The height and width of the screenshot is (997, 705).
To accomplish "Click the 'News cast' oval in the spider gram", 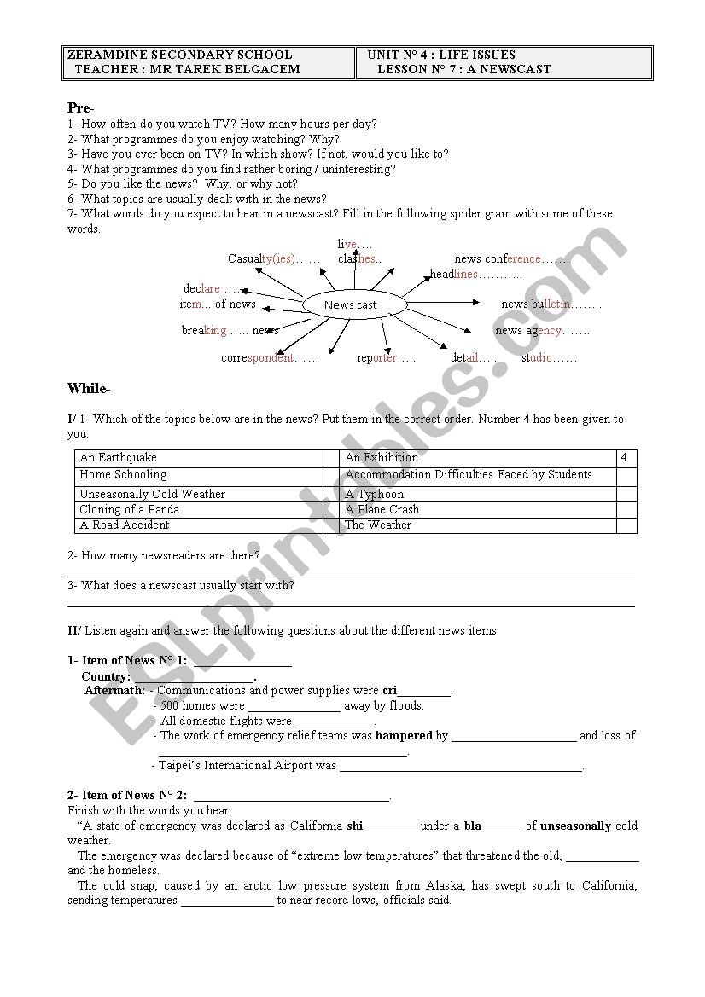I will (x=351, y=304).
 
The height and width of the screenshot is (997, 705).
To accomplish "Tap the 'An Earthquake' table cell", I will (x=119, y=458).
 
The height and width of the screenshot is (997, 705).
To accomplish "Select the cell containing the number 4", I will (x=625, y=458).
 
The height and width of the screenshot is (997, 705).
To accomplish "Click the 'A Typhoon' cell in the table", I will (x=375, y=494).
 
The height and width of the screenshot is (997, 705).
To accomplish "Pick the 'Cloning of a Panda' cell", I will (x=130, y=509).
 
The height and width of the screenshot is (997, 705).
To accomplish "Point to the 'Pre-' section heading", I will (x=81, y=108).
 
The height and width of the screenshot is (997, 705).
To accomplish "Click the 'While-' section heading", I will (x=89, y=389).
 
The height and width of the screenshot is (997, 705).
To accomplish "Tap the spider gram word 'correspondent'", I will (x=258, y=358).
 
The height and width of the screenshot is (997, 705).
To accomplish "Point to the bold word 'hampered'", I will (x=404, y=735).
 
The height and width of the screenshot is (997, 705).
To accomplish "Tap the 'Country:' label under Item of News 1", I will (x=106, y=676).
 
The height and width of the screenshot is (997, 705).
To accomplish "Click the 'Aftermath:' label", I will (x=115, y=690).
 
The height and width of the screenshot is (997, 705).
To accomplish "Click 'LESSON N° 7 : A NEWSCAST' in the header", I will (x=464, y=69).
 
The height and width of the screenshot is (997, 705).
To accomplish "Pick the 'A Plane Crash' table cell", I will (x=382, y=509).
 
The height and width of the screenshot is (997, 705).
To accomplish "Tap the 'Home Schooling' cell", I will (x=123, y=475).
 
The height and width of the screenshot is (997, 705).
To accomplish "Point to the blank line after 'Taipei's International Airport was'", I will (x=461, y=767).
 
